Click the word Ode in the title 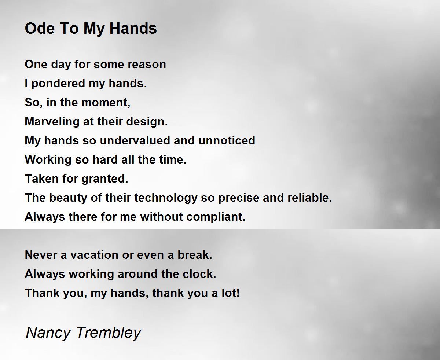[x=40, y=28]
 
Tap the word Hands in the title [x=133, y=28]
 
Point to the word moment [x=106, y=103]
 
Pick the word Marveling [x=52, y=122]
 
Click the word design [x=147, y=121]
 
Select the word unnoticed [x=227, y=140]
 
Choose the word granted [x=105, y=179]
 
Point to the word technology [x=166, y=198]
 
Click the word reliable [x=309, y=198]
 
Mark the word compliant [x=216, y=217]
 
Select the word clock [x=199, y=274]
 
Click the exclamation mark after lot [x=238, y=293]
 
